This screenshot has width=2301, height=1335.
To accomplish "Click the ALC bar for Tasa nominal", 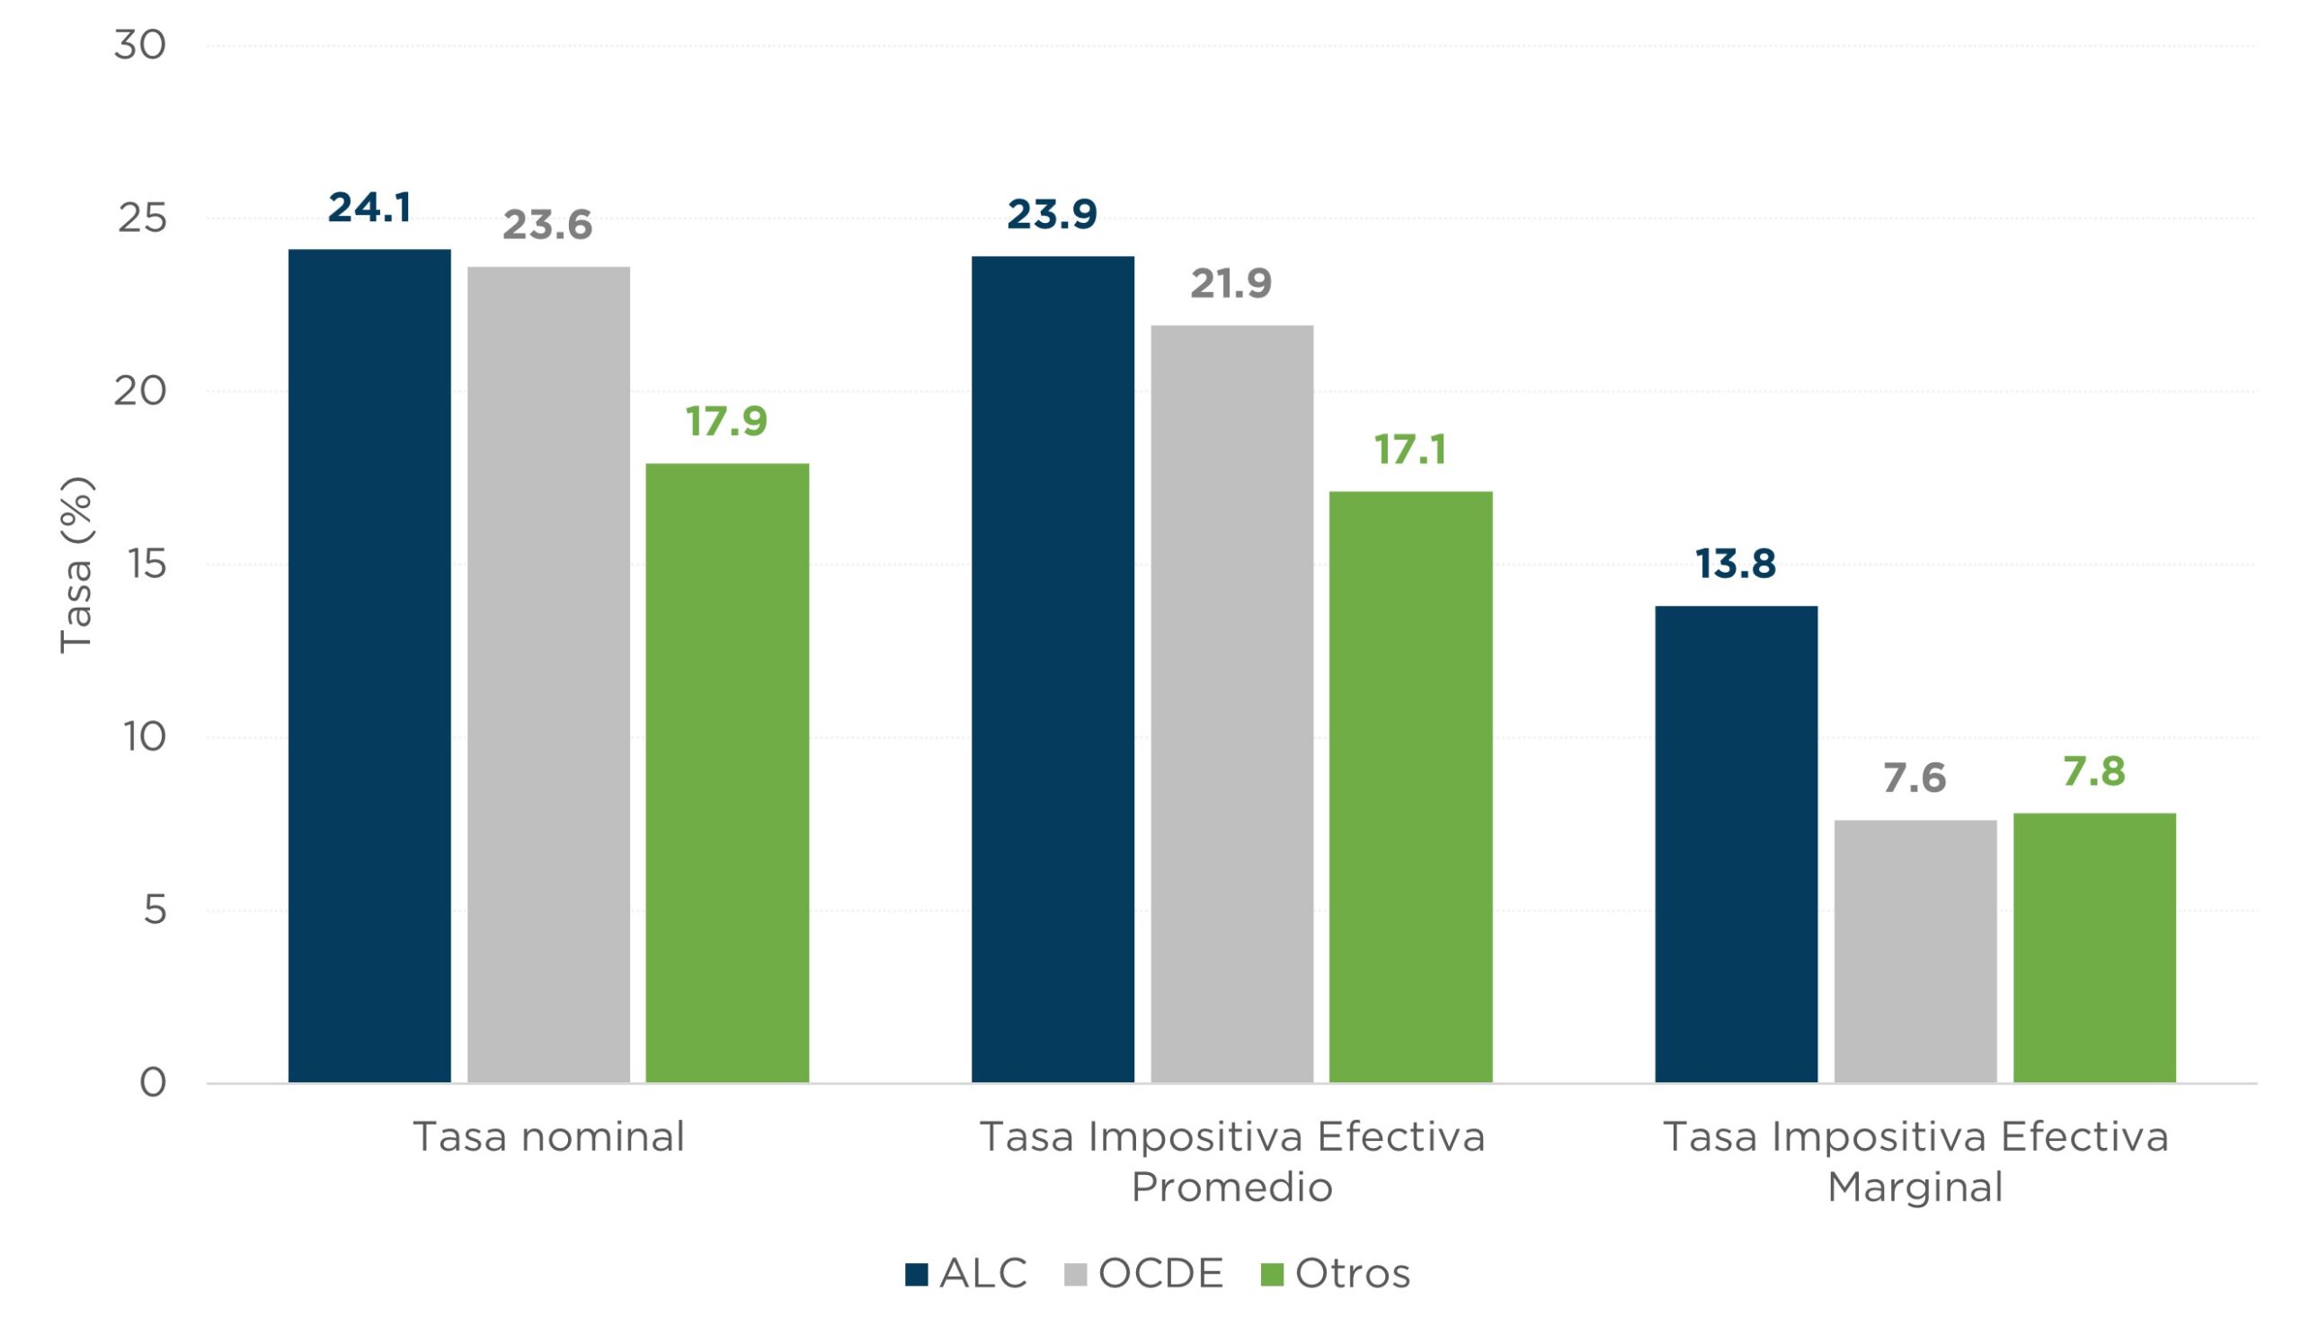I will coord(369,666).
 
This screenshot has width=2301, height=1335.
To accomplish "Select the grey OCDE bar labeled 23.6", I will coord(548,676).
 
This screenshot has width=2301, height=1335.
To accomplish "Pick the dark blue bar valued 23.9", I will coord(1052,671).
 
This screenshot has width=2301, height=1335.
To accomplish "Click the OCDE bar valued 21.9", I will coord(1230,704).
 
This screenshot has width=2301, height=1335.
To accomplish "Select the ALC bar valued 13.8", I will coord(1735,845).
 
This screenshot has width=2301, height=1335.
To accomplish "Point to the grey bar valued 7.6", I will coord(1914,951).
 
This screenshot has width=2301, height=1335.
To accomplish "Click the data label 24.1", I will coord(369,208).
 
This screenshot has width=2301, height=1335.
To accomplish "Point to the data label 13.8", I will coord(1735,564).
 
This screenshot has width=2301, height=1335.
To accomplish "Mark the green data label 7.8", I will coord(2093,771).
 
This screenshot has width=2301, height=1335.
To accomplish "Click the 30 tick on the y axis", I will coord(139,45).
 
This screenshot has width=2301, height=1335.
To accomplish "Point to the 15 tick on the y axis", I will coord(147,565).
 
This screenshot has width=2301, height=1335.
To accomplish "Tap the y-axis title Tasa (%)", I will coord(76,565).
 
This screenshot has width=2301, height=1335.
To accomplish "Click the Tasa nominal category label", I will coord(548,1137).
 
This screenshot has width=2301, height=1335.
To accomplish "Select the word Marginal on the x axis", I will coord(1915,1187).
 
